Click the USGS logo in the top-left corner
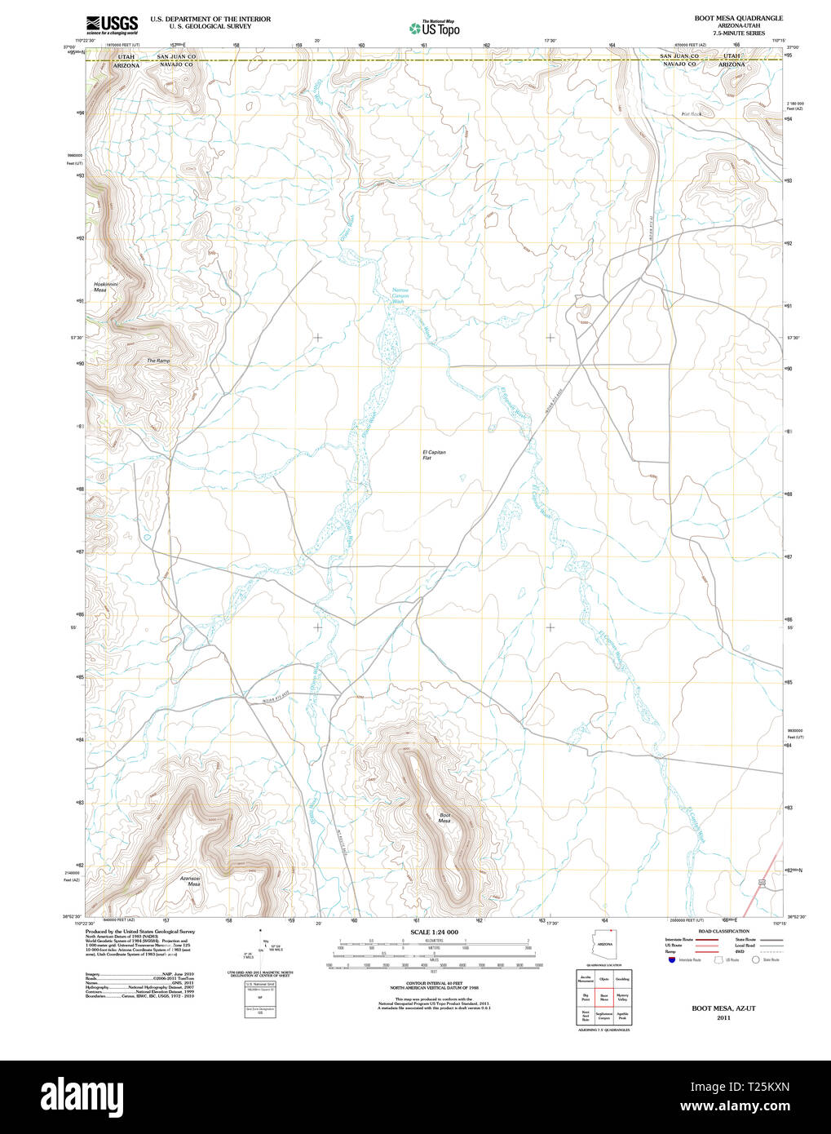tap(112, 23)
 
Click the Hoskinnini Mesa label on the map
tap(100, 286)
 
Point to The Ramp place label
tap(158, 361)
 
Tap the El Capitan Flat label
tap(434, 454)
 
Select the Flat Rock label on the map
tap(691, 114)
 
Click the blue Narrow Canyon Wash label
tap(400, 295)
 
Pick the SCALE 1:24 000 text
tap(434, 932)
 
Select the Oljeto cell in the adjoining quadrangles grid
tap(604, 978)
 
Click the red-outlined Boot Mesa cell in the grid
tap(604, 996)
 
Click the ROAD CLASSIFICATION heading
tap(723, 931)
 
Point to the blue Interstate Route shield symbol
tap(670, 959)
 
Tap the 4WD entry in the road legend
tap(740, 951)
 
